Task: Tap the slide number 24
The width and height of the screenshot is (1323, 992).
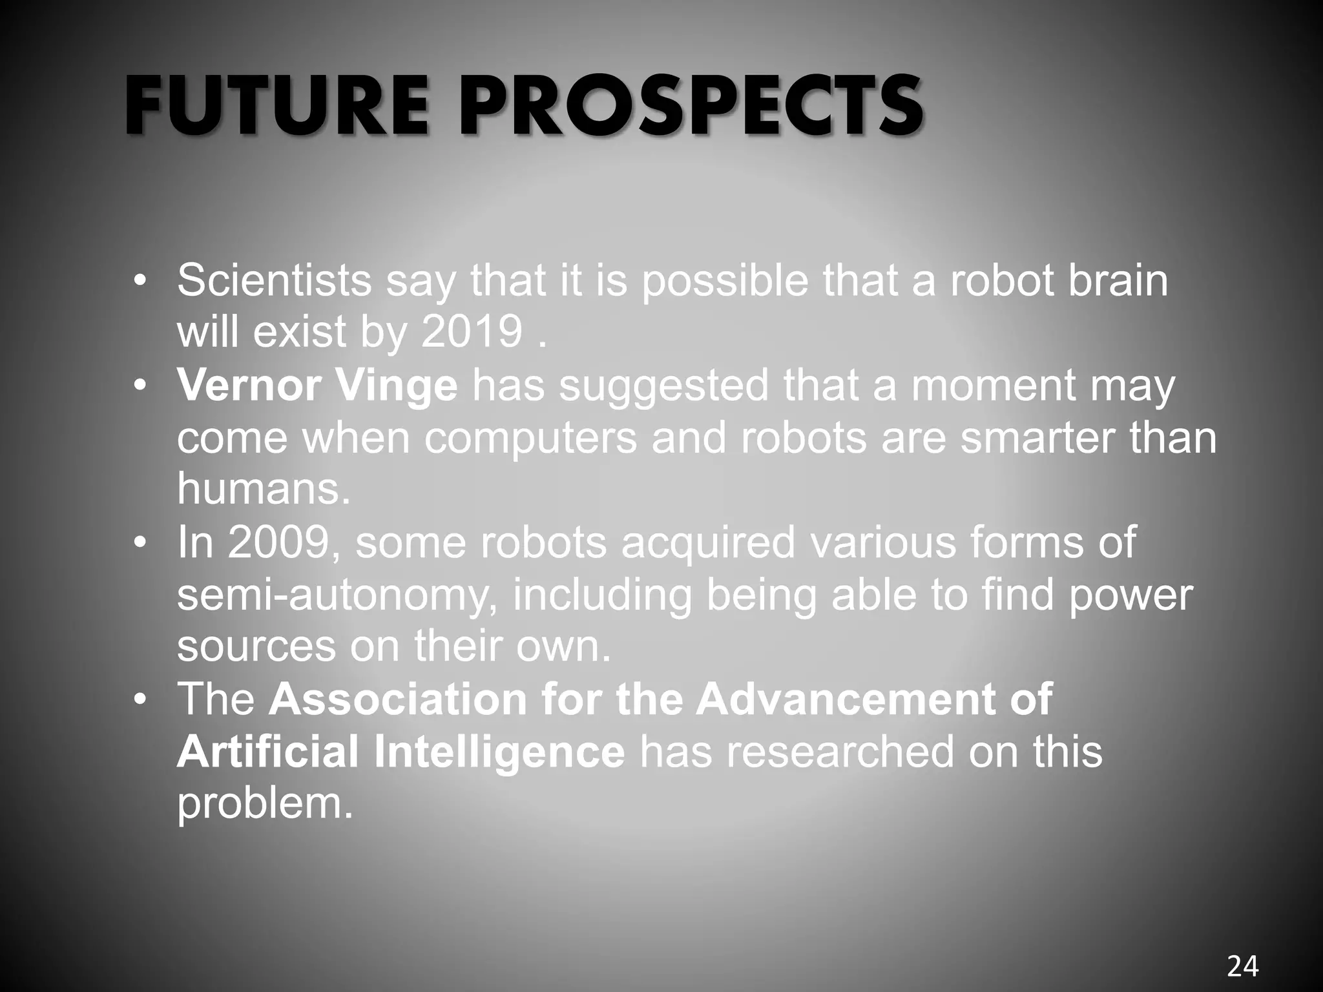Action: (1242, 966)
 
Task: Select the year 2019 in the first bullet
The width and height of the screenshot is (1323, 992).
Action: (472, 333)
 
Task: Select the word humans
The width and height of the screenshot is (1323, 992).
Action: (264, 490)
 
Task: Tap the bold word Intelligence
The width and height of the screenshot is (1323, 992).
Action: (499, 753)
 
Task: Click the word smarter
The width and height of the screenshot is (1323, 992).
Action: (1037, 438)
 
